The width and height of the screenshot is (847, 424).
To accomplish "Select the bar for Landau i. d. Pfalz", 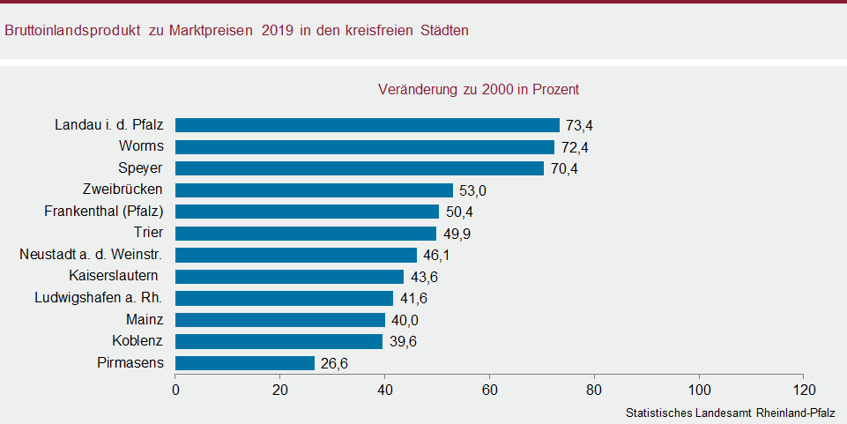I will (368, 125).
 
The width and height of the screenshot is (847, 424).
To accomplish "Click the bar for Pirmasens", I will (245, 363).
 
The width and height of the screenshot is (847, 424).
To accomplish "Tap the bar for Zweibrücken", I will (314, 190).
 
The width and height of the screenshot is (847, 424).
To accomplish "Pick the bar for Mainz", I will (280, 320).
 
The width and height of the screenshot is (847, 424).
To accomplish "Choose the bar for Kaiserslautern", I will (290, 277).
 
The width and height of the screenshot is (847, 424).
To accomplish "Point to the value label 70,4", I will (564, 168).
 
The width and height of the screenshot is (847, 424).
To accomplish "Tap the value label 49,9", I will (457, 234).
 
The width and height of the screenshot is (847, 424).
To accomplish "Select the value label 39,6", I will (403, 342).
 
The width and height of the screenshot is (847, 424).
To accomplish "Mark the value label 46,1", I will (436, 256).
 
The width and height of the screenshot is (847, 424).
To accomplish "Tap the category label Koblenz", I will (137, 341).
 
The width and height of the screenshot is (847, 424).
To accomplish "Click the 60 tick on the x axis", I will (490, 389).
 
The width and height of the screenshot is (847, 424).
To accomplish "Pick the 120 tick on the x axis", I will (804, 389).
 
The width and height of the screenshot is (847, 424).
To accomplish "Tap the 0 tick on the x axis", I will (176, 389).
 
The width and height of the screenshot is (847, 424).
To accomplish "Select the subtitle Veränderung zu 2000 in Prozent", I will (478, 90).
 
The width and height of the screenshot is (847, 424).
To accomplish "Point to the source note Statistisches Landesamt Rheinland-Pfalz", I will (730, 413).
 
